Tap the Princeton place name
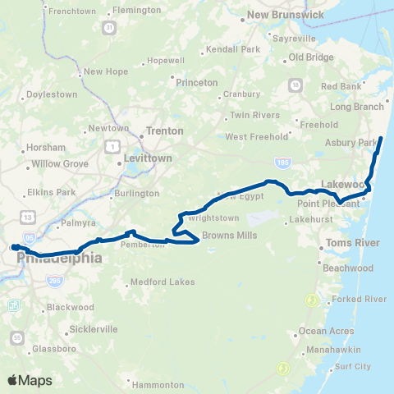(197, 83)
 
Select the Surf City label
(353, 366)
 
